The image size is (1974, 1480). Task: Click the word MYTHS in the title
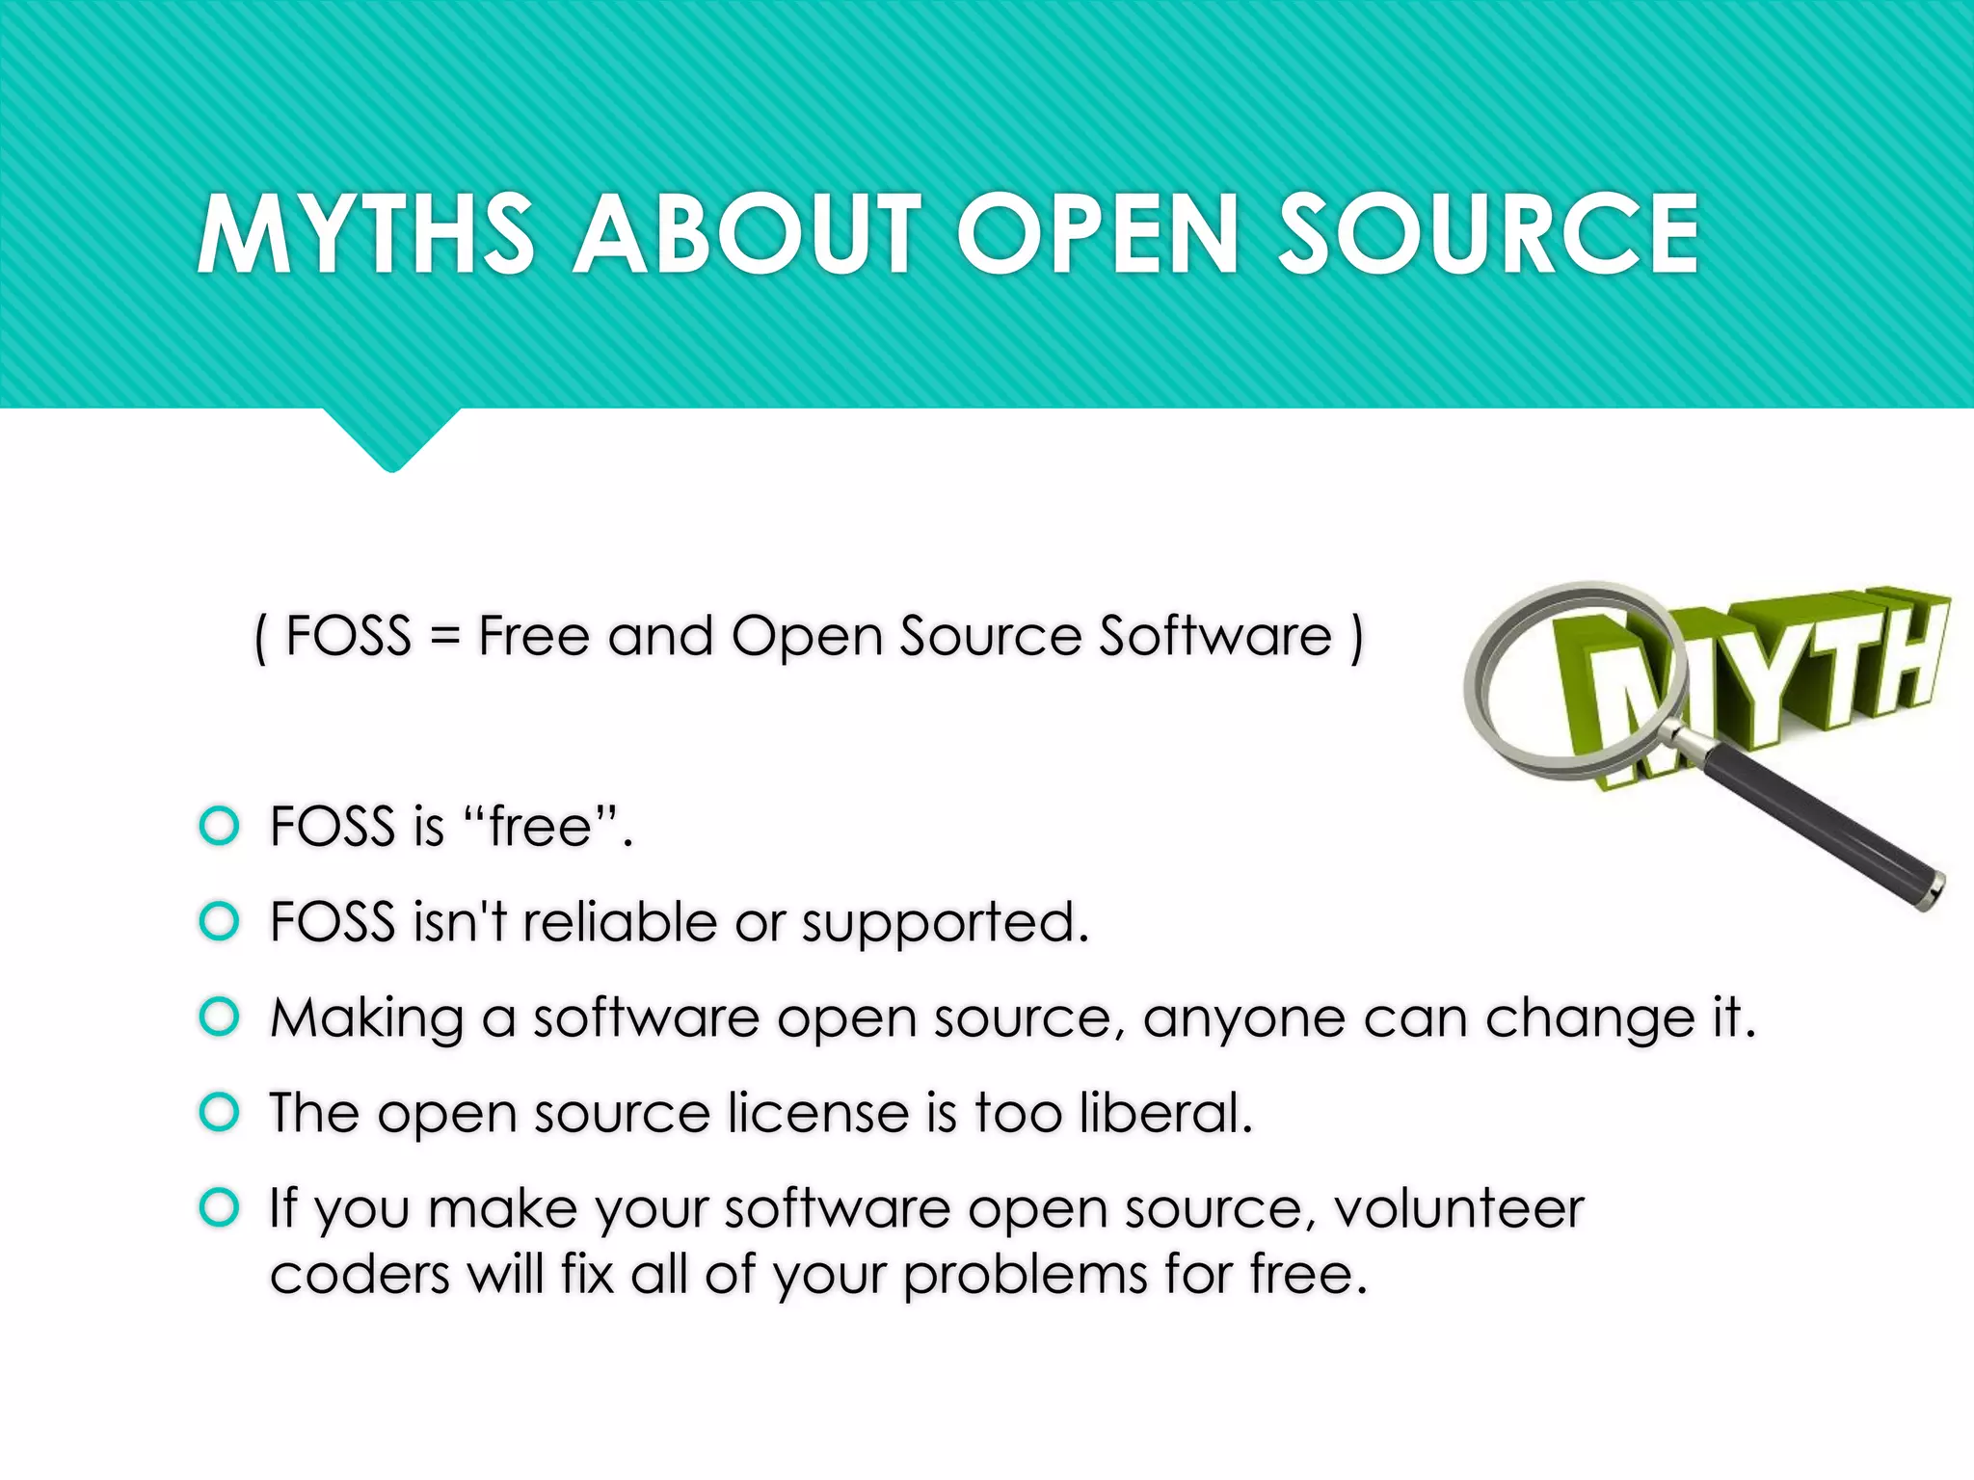365,234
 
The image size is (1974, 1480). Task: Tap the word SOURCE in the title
1488,234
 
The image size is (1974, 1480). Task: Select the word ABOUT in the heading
748,234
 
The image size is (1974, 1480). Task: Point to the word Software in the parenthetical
1215,636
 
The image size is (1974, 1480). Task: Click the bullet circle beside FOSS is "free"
219,826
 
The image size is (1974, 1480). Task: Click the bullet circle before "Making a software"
219,1017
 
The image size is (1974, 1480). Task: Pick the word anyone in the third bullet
1243,1019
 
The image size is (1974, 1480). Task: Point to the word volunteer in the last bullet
1459,1208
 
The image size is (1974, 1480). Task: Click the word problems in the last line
1026,1276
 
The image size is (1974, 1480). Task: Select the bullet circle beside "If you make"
219,1207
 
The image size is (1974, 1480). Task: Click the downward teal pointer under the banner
391,438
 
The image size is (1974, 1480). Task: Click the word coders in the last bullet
360,1274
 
